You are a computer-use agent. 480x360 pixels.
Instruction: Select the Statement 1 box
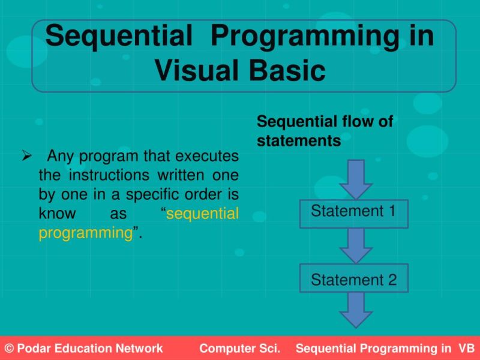pyautogui.click(x=354, y=212)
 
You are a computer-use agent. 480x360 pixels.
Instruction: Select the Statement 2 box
pyautogui.click(x=354, y=280)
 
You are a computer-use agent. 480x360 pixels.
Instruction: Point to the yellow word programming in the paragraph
pyautogui.click(x=85, y=233)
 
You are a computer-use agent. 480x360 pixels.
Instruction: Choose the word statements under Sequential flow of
pyautogui.click(x=298, y=141)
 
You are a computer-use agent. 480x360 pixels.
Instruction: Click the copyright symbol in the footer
pyautogui.click(x=8, y=349)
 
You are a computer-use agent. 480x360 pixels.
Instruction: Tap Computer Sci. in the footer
pyautogui.click(x=236, y=349)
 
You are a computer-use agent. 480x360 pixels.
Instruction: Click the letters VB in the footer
pyautogui.click(x=466, y=349)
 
